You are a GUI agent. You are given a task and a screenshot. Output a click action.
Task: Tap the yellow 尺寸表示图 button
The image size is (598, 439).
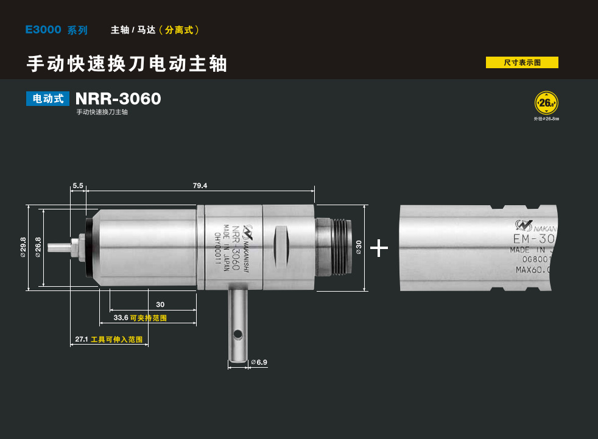pos(522,62)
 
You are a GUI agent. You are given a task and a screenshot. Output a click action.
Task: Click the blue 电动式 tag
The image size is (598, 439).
pos(47,99)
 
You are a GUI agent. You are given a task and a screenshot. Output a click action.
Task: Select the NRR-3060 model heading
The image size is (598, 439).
pos(118,99)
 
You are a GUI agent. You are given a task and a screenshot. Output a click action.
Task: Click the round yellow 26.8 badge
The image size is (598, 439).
pos(546,102)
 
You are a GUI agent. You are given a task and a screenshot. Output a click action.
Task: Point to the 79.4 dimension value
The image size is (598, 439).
pos(200,185)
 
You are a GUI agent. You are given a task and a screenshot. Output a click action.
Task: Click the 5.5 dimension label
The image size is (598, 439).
pos(78,185)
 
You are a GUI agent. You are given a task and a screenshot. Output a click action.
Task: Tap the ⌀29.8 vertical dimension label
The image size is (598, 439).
pos(23,248)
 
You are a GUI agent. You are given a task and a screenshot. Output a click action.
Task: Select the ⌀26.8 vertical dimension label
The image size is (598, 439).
pos(38,248)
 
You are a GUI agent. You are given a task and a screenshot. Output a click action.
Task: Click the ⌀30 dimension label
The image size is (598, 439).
pos(359,247)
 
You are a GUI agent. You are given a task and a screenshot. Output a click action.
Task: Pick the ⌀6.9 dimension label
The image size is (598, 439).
pos(259,362)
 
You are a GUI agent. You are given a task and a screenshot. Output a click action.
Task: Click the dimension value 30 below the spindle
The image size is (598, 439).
pos(160,304)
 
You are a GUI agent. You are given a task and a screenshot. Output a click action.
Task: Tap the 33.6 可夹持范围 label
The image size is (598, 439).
pos(140,318)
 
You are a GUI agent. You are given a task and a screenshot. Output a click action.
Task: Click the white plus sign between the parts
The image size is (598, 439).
pos(379,247)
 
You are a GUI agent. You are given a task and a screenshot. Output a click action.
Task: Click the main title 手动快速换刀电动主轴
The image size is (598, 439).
pos(127,63)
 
